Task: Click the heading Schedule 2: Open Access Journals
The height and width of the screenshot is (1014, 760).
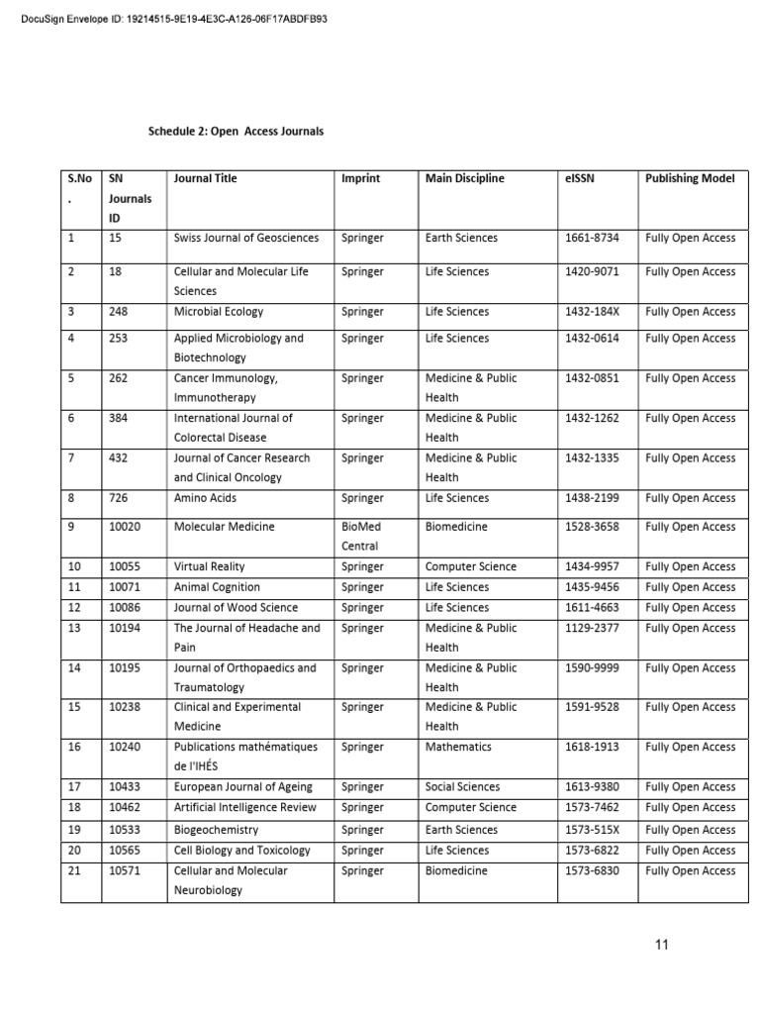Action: (x=236, y=131)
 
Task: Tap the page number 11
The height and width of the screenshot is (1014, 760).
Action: (x=661, y=945)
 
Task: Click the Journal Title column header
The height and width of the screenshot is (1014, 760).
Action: (x=205, y=178)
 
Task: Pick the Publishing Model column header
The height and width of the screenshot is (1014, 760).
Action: (x=690, y=178)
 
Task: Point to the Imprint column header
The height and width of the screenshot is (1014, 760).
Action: (x=360, y=178)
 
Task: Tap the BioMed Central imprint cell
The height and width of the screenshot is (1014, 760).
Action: (x=361, y=536)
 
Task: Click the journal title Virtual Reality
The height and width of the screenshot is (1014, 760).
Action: (x=209, y=567)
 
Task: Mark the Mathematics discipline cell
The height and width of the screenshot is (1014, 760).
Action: (x=459, y=748)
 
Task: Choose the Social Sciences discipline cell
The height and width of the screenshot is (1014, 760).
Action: (x=462, y=787)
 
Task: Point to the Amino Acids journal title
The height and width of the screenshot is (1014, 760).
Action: (x=206, y=498)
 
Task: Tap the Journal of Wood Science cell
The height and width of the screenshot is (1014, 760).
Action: (x=236, y=608)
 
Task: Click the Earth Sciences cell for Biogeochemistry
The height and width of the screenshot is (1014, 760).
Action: (x=461, y=830)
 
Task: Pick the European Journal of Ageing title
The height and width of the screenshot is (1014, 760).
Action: (x=242, y=787)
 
